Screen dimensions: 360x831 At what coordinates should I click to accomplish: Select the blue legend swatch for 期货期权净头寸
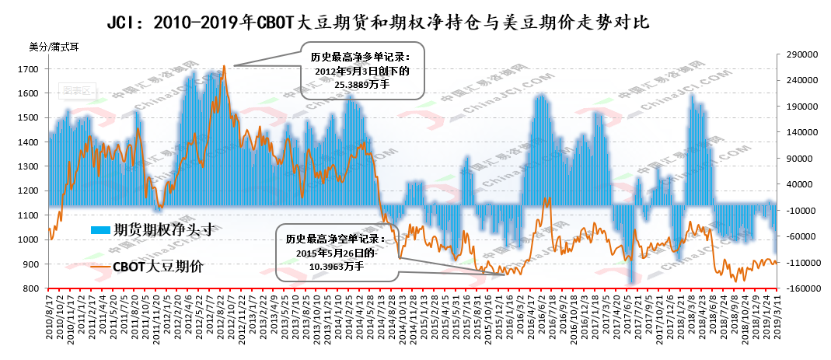[x=100, y=230]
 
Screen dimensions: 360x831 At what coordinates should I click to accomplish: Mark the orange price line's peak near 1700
[x=224, y=66]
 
